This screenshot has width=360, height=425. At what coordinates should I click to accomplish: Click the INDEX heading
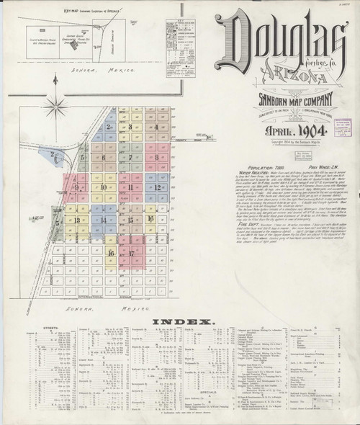pyautogui.click(x=181, y=322)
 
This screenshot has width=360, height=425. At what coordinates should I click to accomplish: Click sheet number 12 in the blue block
pyautogui.click(x=156, y=187)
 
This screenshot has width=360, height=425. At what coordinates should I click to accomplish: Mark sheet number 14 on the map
pyautogui.click(x=104, y=219)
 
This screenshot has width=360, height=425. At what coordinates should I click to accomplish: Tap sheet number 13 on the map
pyautogui.click(x=75, y=218)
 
